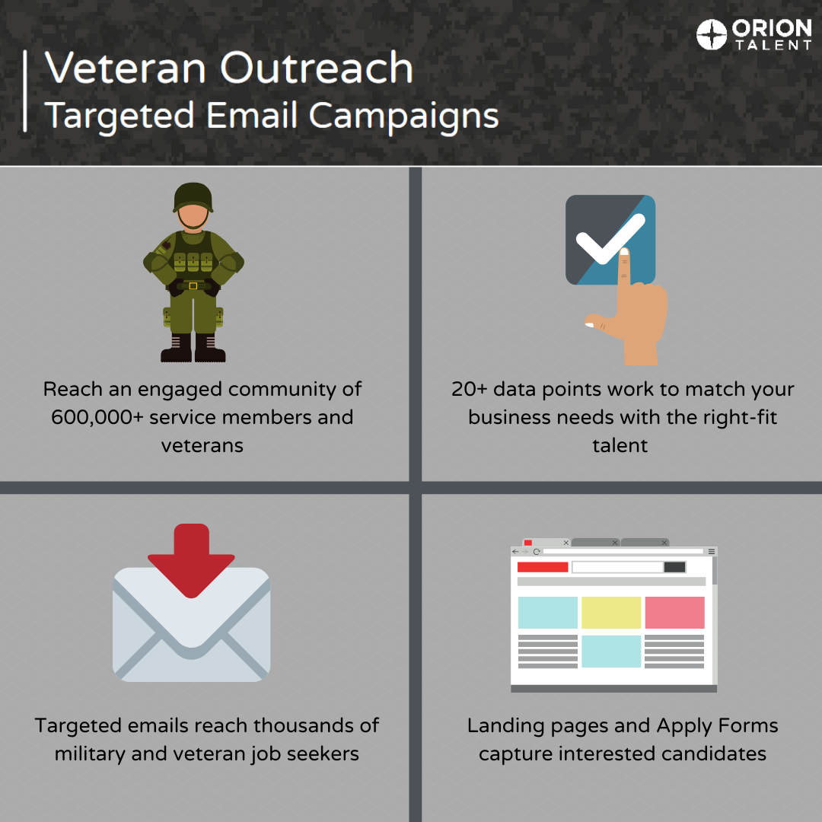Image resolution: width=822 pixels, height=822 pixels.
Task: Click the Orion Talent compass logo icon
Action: pyautogui.click(x=712, y=35)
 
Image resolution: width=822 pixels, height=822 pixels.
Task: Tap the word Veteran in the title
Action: pyautogui.click(x=126, y=68)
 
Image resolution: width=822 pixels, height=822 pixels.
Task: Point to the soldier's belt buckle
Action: pyautogui.click(x=193, y=285)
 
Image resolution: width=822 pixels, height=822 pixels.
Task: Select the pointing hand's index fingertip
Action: pyautogui.click(x=623, y=253)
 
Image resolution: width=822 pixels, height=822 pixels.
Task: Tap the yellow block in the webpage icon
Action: pyautogui.click(x=611, y=612)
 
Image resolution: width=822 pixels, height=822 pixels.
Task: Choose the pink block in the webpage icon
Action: pyautogui.click(x=674, y=612)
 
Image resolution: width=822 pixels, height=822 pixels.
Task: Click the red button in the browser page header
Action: pyautogui.click(x=543, y=567)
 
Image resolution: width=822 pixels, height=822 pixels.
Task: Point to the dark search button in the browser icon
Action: pyautogui.click(x=674, y=567)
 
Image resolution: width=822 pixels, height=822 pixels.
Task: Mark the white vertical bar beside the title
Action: pyautogui.click(x=26, y=91)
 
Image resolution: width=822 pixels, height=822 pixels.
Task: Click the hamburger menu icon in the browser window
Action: pyautogui.click(x=712, y=551)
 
